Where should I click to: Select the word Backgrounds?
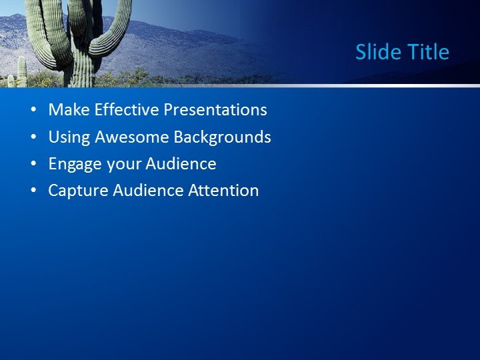[222, 137]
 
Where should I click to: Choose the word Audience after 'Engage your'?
[181, 164]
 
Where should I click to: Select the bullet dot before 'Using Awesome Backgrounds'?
[34, 138]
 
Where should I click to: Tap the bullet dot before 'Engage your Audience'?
[34, 165]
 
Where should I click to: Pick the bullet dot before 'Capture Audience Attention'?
[34, 191]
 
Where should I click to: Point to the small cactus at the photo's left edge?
[21, 72]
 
